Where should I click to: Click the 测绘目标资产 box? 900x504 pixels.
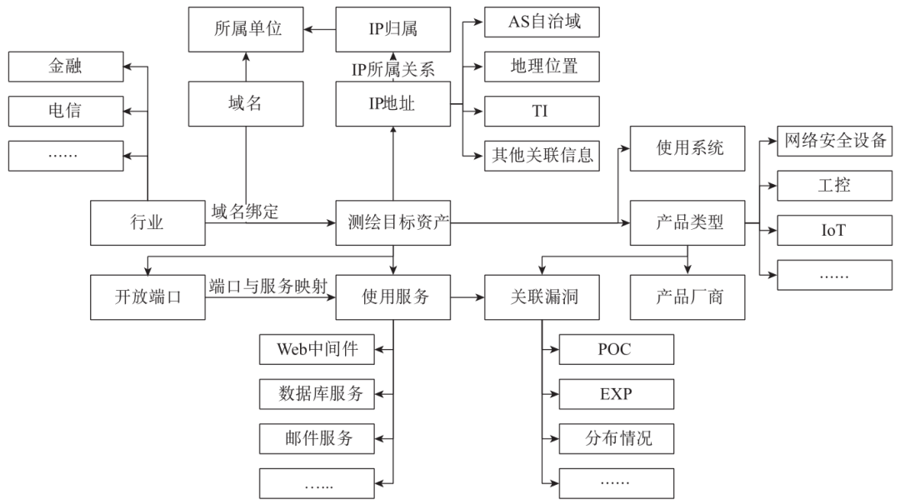click(x=393, y=223)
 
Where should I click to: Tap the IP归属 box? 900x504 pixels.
click(x=393, y=29)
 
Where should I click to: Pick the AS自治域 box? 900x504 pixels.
click(x=542, y=22)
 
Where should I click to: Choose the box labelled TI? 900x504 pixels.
click(x=542, y=111)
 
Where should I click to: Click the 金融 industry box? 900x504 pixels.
click(x=65, y=67)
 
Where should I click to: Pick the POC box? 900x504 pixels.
click(x=615, y=350)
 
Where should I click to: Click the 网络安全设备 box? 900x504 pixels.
click(x=833, y=140)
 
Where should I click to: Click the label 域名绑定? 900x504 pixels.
click(x=246, y=212)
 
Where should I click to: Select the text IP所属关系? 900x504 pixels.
click(x=392, y=70)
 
